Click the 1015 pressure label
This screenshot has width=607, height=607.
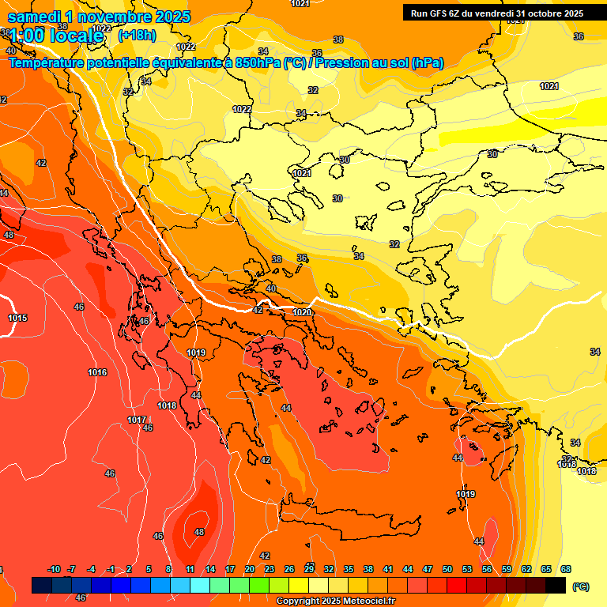click(x=17, y=319)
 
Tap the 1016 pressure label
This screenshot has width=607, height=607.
click(x=97, y=372)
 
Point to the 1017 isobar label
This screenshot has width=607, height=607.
click(x=136, y=420)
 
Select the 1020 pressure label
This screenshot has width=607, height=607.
click(x=302, y=313)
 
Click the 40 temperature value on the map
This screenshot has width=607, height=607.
click(x=271, y=289)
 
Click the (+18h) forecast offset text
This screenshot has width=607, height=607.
click(x=137, y=36)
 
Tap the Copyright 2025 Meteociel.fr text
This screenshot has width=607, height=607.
click(x=336, y=601)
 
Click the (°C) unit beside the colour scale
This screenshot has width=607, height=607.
click(x=580, y=586)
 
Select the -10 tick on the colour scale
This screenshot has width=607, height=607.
click(x=54, y=570)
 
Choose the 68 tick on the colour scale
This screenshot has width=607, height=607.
click(x=566, y=570)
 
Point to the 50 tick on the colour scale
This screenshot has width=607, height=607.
click(x=447, y=570)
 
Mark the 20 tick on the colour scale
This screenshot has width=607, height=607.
click(x=250, y=570)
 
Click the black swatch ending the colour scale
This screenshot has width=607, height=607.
click(x=556, y=585)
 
